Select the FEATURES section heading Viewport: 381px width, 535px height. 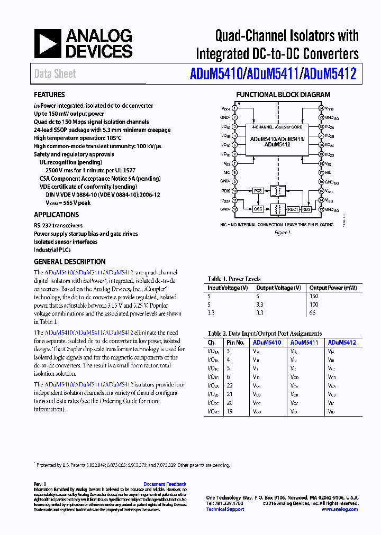[x=49, y=95]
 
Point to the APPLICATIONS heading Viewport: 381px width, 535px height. [x=56, y=215]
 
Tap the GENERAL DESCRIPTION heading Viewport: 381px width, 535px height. [x=69, y=262]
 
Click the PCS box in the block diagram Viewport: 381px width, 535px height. [x=258, y=190]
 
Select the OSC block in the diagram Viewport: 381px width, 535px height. [x=258, y=209]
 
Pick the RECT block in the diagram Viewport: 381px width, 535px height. [x=293, y=209]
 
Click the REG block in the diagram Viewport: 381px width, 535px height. [x=306, y=209]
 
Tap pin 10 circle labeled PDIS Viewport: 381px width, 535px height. [x=235, y=190]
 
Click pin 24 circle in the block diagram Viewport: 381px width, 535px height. [x=321, y=108]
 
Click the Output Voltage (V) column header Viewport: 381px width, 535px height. [x=278, y=288]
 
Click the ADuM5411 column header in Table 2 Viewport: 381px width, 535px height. [x=304, y=343]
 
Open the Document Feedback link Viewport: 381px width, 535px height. [x=165, y=484]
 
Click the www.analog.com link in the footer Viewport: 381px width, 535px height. [x=339, y=509]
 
